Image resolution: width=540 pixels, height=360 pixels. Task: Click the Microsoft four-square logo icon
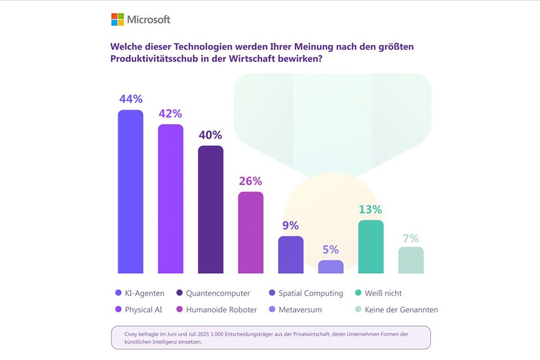[117, 20]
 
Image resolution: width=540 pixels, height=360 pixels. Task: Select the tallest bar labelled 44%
[130, 191]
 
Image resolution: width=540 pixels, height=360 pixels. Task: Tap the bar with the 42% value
[170, 199]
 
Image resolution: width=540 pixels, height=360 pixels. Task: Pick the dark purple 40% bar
[210, 209]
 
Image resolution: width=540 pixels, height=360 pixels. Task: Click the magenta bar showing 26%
[250, 232]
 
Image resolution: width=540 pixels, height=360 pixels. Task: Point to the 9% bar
[291, 255]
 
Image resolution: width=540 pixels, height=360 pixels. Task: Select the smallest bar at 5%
[331, 267]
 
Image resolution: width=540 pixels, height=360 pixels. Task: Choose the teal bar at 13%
[371, 246]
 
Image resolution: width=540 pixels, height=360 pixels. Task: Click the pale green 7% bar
[411, 260]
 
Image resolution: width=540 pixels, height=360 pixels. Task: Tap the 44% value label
[130, 99]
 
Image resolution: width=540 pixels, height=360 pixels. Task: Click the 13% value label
[371, 209]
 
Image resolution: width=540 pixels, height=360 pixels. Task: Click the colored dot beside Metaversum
[272, 309]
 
